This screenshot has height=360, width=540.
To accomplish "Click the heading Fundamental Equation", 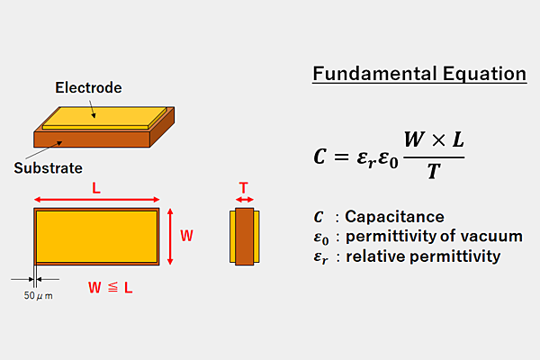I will coord(419,74).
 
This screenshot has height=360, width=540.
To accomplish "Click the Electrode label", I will coord(88,88).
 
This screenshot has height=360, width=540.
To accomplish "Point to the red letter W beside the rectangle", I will coord(186,236).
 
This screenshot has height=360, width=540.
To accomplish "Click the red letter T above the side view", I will coord(245,186).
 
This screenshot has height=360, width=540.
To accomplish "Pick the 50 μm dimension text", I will coord(38,295).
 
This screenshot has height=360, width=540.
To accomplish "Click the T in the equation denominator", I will coord(433,170).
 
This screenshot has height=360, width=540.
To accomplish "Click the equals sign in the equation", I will coord(339,157).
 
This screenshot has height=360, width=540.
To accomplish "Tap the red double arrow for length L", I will coord(96,200).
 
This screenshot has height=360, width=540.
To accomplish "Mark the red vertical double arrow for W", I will coord(170,236).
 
